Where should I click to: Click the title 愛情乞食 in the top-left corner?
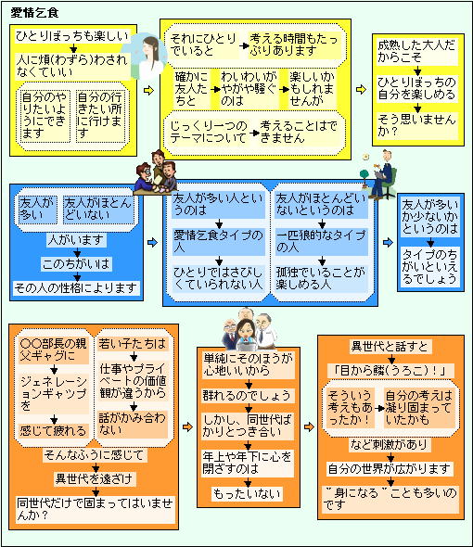click(x=34, y=13)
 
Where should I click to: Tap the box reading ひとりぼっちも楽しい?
click(x=72, y=36)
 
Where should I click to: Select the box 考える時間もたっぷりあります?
click(x=294, y=45)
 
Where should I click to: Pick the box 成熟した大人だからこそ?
click(x=417, y=52)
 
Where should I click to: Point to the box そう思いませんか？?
click(x=417, y=125)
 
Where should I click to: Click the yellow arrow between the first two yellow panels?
click(x=148, y=90)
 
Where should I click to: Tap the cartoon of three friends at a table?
click(x=156, y=172)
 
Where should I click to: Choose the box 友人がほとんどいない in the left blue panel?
click(x=98, y=209)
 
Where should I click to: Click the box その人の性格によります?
click(x=76, y=288)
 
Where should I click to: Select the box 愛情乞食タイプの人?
click(x=219, y=242)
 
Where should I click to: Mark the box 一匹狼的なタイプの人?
click(x=322, y=242)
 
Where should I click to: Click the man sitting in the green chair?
click(x=383, y=173)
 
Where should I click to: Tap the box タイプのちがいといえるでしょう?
click(x=430, y=266)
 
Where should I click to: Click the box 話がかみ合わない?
click(x=133, y=425)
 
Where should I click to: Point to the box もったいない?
click(x=247, y=493)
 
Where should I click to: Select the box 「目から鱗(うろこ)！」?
click(x=390, y=371)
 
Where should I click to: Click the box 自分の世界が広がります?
click(x=390, y=469)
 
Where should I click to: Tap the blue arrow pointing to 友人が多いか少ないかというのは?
click(x=388, y=242)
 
